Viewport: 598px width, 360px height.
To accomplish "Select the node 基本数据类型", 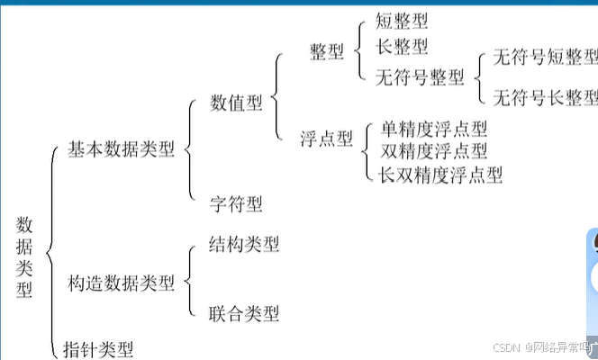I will click(x=121, y=149).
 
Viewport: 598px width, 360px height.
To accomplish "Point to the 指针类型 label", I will click(x=99, y=348).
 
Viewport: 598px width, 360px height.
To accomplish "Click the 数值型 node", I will click(x=236, y=103).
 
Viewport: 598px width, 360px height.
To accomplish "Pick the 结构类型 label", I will click(x=243, y=244).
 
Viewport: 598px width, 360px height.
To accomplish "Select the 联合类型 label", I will click(x=243, y=313).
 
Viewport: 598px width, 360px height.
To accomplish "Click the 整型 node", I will click(x=327, y=52).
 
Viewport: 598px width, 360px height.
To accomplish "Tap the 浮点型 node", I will click(x=327, y=139).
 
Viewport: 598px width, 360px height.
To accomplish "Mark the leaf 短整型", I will click(x=402, y=20).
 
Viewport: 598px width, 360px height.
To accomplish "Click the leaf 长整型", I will click(x=402, y=46).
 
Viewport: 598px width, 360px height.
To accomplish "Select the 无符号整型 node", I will click(x=420, y=77).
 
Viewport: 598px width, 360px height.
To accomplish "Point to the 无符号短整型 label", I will click(x=544, y=58).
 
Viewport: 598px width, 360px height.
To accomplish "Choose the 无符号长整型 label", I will click(x=544, y=96).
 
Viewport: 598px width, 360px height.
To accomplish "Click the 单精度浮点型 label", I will click(x=434, y=129).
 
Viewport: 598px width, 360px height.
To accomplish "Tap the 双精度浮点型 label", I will click(x=434, y=150).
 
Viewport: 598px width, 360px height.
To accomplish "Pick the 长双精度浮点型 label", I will click(x=440, y=173).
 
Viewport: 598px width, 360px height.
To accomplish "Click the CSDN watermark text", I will click(x=510, y=347).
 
